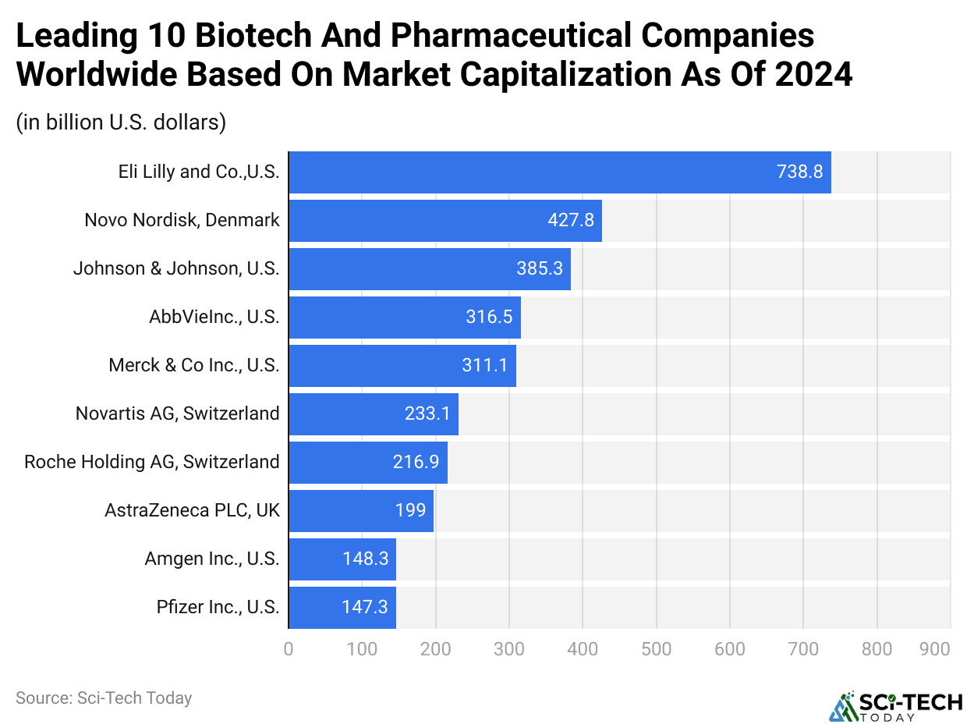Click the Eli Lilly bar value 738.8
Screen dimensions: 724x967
tap(799, 172)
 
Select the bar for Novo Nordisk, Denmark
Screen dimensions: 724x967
tap(445, 221)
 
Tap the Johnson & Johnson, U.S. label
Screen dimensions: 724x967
tap(176, 269)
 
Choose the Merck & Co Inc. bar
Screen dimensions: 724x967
tap(402, 366)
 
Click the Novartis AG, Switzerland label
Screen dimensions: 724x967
tap(177, 413)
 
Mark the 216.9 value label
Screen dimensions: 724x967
tap(416, 462)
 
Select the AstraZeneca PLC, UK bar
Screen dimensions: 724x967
tap(360, 510)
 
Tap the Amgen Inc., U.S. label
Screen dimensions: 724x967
tap(211, 559)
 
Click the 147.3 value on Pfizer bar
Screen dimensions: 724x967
tap(364, 607)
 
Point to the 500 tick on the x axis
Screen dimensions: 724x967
tap(656, 648)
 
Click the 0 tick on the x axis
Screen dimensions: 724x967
tap(289, 648)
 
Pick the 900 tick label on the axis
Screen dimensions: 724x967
tap(934, 648)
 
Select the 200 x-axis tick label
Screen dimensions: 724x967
tap(435, 648)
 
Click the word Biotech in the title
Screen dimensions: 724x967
tap(238, 37)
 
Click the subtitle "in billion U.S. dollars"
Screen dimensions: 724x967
tap(121, 123)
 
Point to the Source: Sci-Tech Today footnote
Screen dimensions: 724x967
tap(104, 697)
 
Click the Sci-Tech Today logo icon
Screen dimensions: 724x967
tap(842, 706)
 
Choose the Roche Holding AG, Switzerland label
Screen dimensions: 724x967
tap(152, 462)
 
